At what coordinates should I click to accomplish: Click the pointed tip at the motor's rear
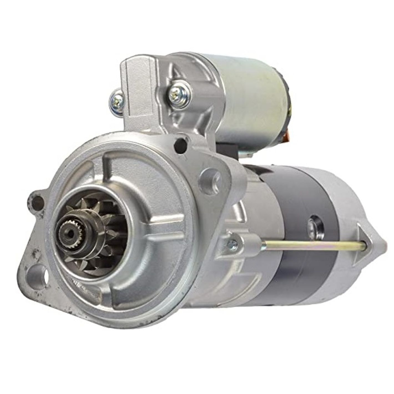click(x=384, y=246)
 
